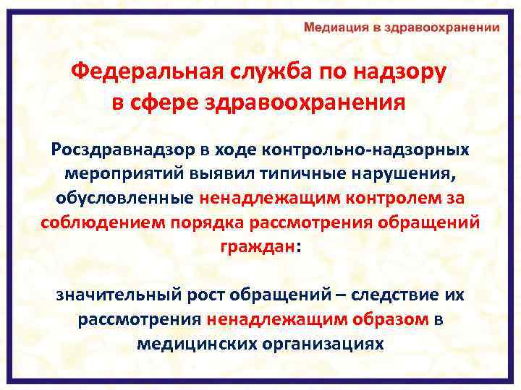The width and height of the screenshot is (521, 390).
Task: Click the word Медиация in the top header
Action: [334, 28]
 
